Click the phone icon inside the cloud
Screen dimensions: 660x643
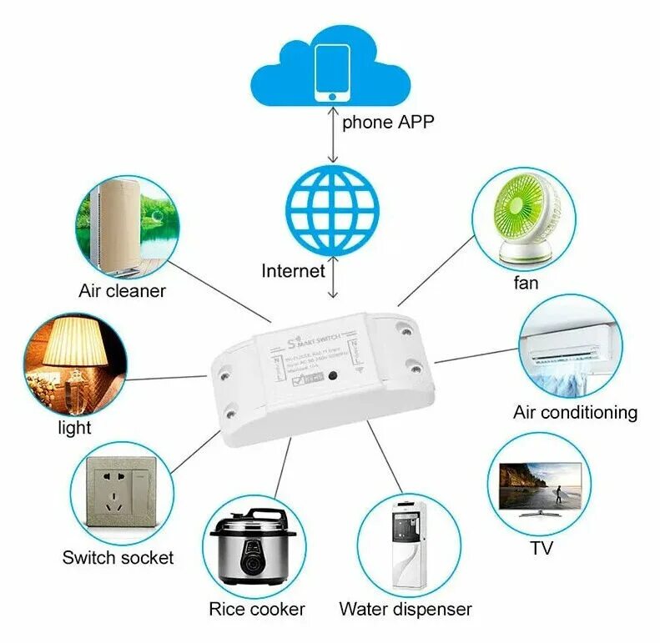[332, 73]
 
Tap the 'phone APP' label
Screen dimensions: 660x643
[388, 122]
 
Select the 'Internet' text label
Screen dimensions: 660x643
[293, 270]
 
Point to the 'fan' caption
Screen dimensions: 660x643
[526, 283]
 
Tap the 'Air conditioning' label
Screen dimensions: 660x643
[575, 412]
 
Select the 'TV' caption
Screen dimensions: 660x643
[541, 548]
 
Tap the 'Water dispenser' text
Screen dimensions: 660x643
[406, 609]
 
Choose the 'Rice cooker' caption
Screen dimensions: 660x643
[257, 609]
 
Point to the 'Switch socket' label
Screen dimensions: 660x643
[118, 557]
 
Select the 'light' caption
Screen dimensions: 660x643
[74, 428]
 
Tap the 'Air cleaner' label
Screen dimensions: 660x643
[123, 291]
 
